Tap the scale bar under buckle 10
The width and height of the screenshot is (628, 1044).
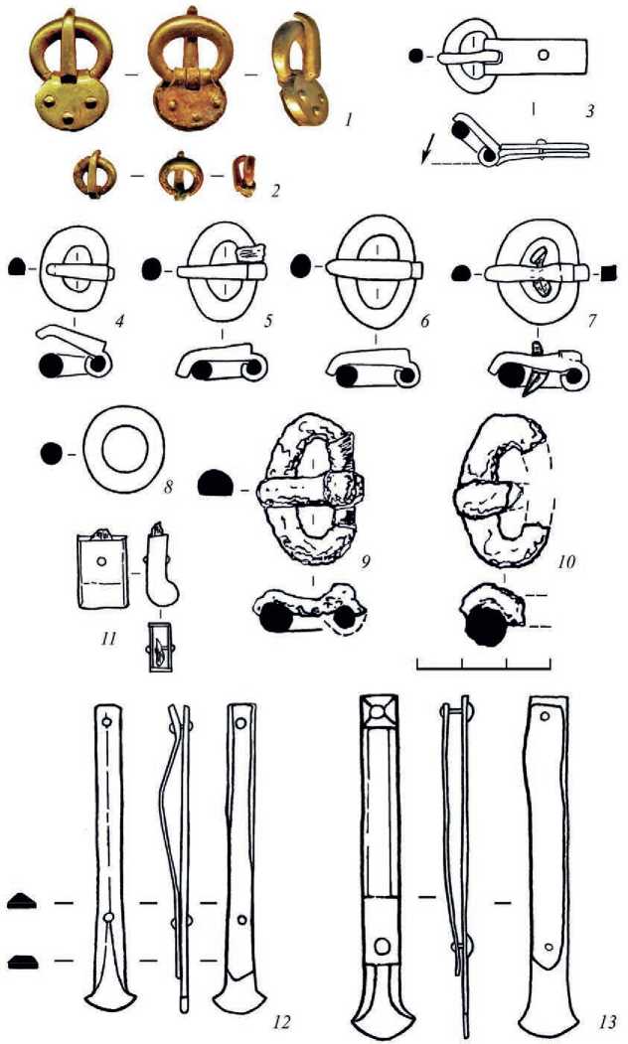(x=484, y=663)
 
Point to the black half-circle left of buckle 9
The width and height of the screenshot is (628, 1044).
(x=215, y=485)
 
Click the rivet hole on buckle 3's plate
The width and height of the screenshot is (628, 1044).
(x=542, y=56)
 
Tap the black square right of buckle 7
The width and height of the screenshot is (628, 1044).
(x=610, y=270)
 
